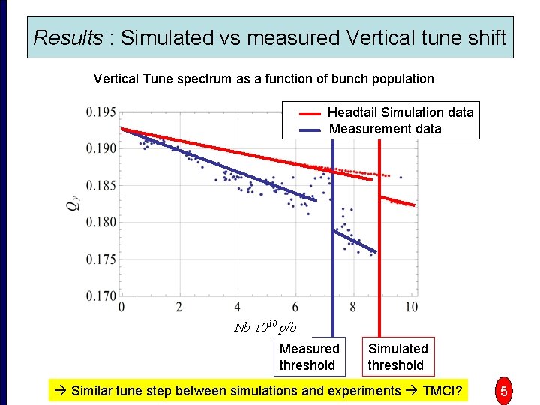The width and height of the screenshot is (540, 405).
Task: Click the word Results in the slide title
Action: click(68, 37)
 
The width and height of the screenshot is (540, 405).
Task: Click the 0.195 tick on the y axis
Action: click(100, 112)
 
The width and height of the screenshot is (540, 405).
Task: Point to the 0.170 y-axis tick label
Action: click(100, 296)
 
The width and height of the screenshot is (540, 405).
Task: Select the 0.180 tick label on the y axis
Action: click(100, 223)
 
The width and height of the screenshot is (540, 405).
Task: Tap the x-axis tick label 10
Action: click(411, 307)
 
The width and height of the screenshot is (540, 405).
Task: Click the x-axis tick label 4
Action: click(238, 307)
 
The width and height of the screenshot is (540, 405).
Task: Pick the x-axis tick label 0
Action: click(121, 307)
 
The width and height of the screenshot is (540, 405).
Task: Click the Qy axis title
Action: click(73, 205)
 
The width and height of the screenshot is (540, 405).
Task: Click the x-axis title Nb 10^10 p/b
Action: click(265, 326)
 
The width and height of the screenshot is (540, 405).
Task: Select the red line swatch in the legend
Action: click(310, 113)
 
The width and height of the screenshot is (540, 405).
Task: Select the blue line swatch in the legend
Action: click(310, 130)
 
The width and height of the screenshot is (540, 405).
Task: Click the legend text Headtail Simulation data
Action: click(400, 112)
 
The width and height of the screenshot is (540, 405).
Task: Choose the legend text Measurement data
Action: click(385, 129)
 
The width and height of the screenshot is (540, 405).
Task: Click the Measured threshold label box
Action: click(310, 357)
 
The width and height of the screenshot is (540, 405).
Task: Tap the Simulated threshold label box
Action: click(397, 357)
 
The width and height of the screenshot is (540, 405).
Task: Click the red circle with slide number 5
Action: click(504, 391)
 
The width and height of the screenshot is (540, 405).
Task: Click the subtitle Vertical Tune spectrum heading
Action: click(263, 79)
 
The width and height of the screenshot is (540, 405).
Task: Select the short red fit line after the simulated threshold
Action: click(397, 201)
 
